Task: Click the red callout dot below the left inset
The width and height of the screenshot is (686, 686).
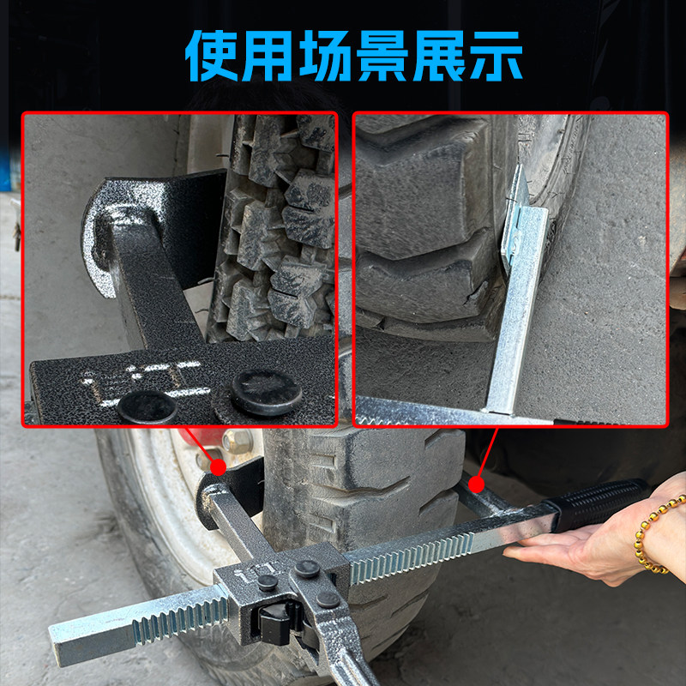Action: (218, 467)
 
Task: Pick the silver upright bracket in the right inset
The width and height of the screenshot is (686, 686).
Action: (519, 292)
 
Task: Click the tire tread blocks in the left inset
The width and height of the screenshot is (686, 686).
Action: (279, 223)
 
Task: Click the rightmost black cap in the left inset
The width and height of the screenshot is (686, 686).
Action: (266, 390)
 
